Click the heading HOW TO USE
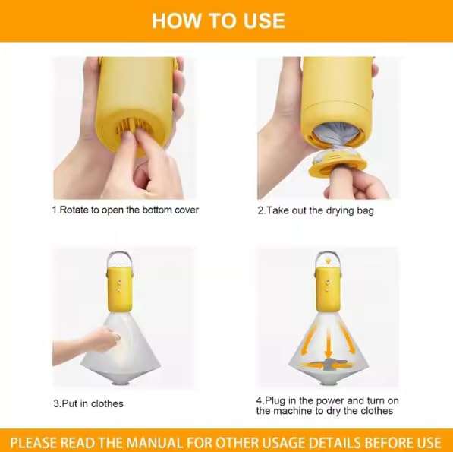(219, 21)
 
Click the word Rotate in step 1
(74, 210)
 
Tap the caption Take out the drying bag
(319, 210)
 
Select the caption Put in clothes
(93, 403)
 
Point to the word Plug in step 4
(275, 401)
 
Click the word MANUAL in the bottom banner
(155, 443)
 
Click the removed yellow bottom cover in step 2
(337, 166)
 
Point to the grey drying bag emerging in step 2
(337, 137)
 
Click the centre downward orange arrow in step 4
(328, 343)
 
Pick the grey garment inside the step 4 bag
(327, 364)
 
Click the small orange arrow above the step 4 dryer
(327, 261)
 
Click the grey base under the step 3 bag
(120, 384)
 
